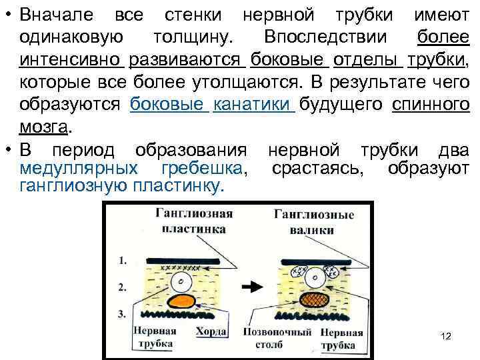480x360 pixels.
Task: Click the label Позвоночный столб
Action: (269, 337)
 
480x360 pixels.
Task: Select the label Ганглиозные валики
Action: (313, 222)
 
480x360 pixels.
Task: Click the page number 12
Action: (446, 335)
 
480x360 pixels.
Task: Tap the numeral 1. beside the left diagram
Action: (121, 262)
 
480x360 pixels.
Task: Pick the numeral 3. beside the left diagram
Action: (121, 313)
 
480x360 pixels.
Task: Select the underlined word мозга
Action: (45, 127)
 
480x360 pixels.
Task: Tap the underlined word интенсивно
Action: (72, 61)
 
